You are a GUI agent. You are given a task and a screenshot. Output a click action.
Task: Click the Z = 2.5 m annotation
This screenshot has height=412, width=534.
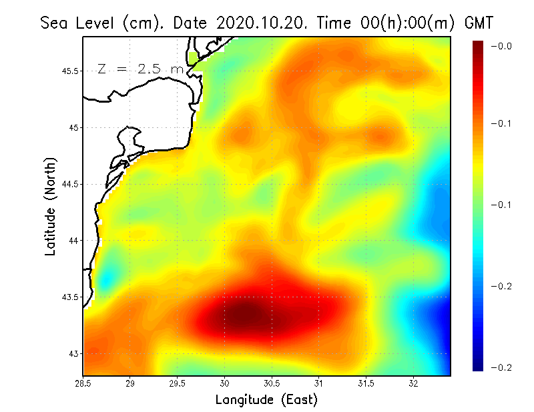pos(139,69)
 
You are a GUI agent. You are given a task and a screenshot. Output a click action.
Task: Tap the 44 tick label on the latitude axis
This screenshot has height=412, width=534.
pos(73,240)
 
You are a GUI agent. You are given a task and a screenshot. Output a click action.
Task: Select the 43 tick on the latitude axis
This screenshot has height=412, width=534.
pos(73,353)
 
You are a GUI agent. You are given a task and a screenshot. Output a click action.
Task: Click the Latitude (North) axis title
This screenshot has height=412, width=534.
pos(51,206)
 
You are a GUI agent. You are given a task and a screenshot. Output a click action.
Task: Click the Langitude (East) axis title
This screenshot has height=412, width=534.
pos(266,400)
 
